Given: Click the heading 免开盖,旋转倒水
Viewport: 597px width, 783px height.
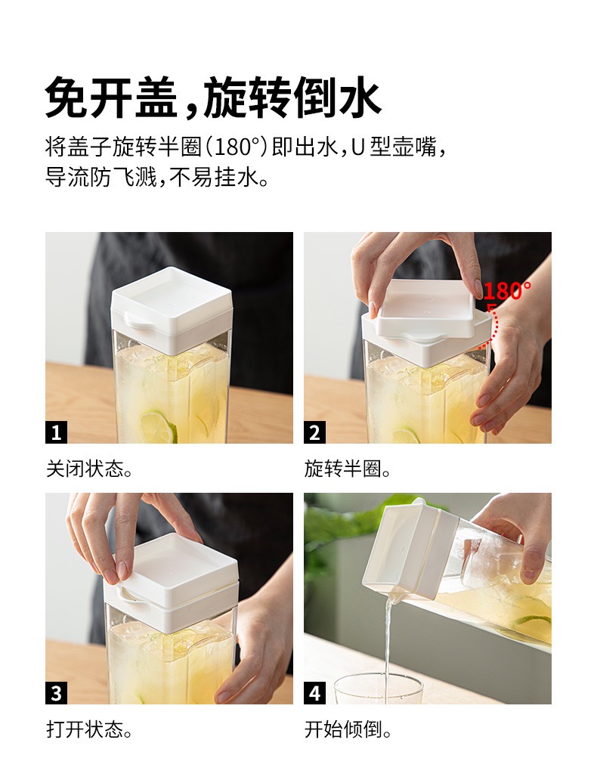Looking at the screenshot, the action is point(214,97).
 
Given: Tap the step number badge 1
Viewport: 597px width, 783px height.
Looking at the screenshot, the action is point(56,432).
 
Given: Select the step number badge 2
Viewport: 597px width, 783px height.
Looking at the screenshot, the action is point(314,432).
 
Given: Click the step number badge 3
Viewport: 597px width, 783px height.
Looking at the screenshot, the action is point(56,693).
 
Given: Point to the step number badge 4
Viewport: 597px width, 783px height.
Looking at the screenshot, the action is point(314,693).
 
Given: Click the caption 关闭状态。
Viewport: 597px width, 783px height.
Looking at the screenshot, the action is point(90,469).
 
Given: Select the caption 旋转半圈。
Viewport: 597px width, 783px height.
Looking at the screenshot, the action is point(348,469).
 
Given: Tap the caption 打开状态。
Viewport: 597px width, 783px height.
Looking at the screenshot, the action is point(90,730).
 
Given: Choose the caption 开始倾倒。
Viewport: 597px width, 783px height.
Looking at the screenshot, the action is point(348,730).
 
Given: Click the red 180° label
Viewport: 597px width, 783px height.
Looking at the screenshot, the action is point(506,291).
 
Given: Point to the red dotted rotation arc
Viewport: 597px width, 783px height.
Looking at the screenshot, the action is point(495,324).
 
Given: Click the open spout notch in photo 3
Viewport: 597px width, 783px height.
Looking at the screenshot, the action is point(128,594).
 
